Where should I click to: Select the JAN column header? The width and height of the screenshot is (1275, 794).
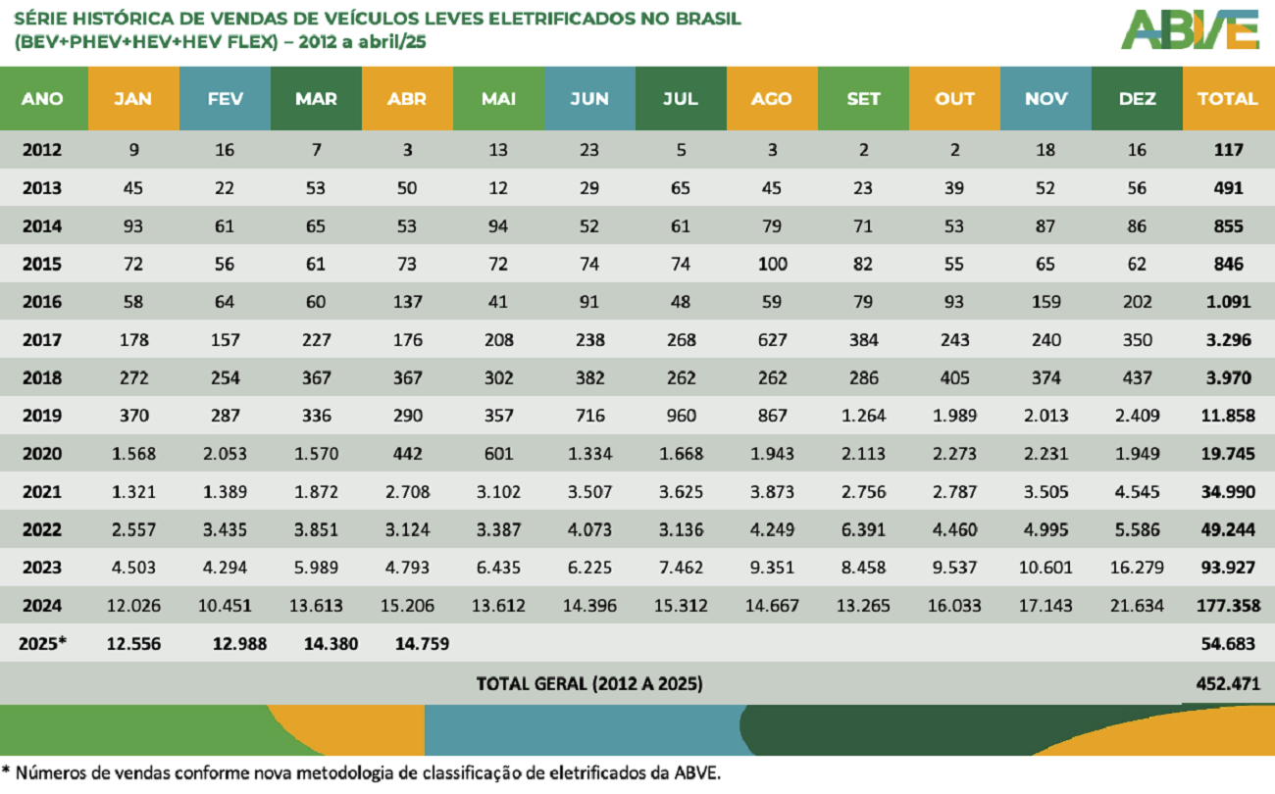133,98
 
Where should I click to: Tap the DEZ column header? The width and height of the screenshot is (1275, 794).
1137,98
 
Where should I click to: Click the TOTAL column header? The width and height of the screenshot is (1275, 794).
1227,98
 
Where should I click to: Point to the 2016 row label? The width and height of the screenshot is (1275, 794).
42,302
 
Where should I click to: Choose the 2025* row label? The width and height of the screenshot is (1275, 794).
42,644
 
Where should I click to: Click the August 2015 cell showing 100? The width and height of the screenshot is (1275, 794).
772,264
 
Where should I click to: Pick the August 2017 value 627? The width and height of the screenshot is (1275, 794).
772,340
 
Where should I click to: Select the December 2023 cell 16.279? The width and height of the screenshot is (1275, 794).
1137,568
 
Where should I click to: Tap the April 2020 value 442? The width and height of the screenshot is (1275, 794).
407,454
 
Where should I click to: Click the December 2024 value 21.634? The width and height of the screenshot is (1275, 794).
1137,606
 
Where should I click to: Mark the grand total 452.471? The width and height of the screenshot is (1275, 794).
1227,683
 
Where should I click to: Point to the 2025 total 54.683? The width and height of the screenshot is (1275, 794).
1227,644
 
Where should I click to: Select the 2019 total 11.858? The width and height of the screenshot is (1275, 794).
1227,416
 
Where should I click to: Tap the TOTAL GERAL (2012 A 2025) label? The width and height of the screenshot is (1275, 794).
589,683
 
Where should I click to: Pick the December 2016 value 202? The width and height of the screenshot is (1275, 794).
1137,302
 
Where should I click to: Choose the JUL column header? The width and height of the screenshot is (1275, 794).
681,98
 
